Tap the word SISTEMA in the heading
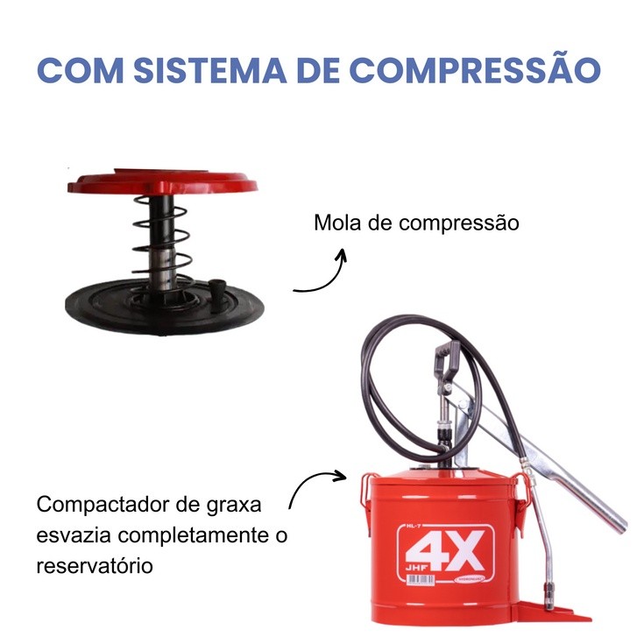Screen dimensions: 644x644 (x=210, y=70)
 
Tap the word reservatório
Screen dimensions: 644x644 (x=95, y=565)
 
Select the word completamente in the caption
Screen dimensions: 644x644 (x=193, y=536)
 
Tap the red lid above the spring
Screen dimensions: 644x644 (x=163, y=182)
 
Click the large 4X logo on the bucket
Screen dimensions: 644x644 (x=445, y=550)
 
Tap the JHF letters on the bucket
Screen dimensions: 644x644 (x=416, y=568)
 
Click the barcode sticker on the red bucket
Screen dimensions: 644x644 (x=421, y=579)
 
